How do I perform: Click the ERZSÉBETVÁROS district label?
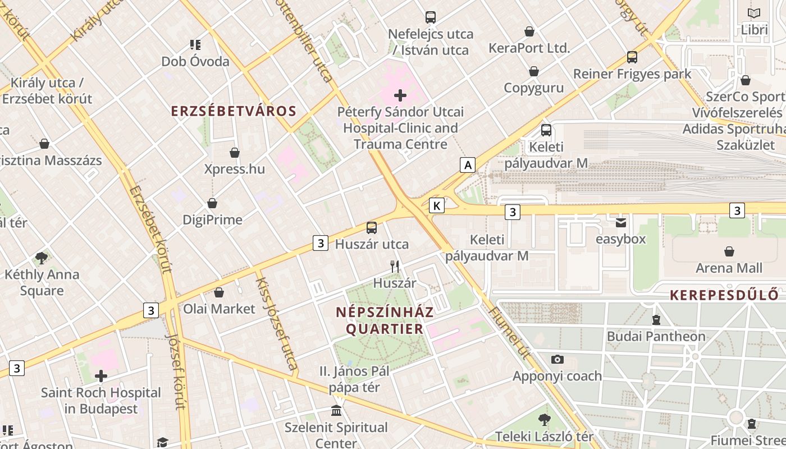tap(234, 111)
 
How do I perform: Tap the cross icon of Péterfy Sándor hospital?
tap(400, 95)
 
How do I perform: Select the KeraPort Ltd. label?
tap(529, 48)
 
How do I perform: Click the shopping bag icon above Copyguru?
tap(533, 71)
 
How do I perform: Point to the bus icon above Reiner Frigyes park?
tap(632, 57)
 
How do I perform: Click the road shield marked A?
tap(467, 165)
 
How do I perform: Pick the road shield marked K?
tap(436, 205)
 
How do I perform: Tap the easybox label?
tap(620, 239)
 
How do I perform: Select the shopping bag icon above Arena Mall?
tap(729, 251)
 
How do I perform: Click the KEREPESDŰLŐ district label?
tap(724, 295)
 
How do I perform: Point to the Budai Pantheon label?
tap(656, 336)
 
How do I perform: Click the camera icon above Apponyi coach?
tap(557, 359)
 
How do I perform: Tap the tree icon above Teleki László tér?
tap(543, 419)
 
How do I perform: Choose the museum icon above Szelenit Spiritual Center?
tap(336, 411)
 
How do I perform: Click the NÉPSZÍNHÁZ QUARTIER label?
tap(385, 320)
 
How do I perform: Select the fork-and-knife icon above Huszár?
tap(395, 266)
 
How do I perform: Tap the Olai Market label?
tap(219, 309)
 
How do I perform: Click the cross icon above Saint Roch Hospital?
tap(101, 375)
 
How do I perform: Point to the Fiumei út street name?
tap(510, 333)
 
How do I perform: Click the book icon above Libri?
tap(754, 13)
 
